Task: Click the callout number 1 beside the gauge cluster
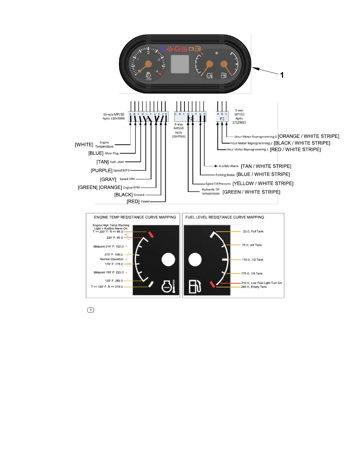tap(282, 75)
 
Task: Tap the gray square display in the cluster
tap(180, 64)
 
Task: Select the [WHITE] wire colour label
tap(84, 145)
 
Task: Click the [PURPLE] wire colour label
tap(101, 171)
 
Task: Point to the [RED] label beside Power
tap(133, 202)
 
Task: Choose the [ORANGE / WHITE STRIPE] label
tap(309, 136)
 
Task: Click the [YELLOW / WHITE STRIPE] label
tap(263, 184)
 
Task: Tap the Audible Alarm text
tap(229, 166)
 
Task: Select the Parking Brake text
tap(225, 175)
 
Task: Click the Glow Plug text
tap(112, 153)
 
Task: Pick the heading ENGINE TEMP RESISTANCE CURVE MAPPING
tap(135, 217)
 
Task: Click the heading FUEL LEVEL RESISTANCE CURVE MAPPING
tap(225, 217)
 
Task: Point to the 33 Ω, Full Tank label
tap(253, 232)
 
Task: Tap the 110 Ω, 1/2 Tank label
tap(252, 260)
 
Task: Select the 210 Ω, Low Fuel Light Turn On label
tap(261, 283)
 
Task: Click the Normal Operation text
tap(112, 259)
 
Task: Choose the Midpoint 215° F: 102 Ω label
tap(108, 247)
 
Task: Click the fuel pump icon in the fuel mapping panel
tap(195, 286)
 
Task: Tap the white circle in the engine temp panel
tap(168, 259)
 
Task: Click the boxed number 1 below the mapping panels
tap(91, 310)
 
